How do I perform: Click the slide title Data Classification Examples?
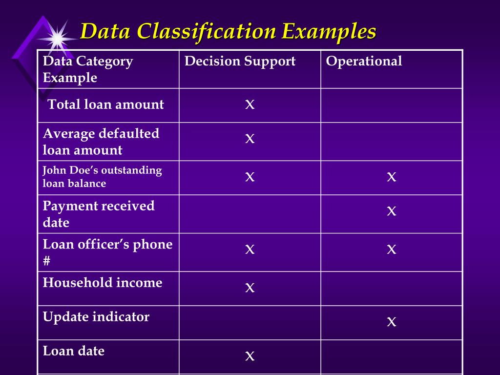pos(228,32)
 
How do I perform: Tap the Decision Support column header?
pos(240,62)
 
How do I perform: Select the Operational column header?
pos(364,62)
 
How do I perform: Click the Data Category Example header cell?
pos(88,69)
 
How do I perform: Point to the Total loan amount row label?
pos(105,104)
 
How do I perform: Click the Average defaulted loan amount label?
pos(101,142)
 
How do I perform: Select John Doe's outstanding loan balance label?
pos(102,177)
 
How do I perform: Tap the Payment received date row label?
pos(99,214)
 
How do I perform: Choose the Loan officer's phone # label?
pos(107,252)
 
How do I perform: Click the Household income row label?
pos(103,283)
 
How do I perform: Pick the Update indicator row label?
pos(96,317)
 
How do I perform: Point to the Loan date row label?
pos(74,351)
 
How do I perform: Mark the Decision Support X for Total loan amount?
pos(250,104)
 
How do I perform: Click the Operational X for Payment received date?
pos(391,211)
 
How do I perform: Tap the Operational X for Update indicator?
pos(391,321)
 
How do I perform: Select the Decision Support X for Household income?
pos(250,288)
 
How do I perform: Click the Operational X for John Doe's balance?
pos(391,177)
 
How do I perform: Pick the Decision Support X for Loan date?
pos(250,356)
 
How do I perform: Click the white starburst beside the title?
pos(58,38)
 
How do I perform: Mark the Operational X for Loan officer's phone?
pos(391,250)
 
